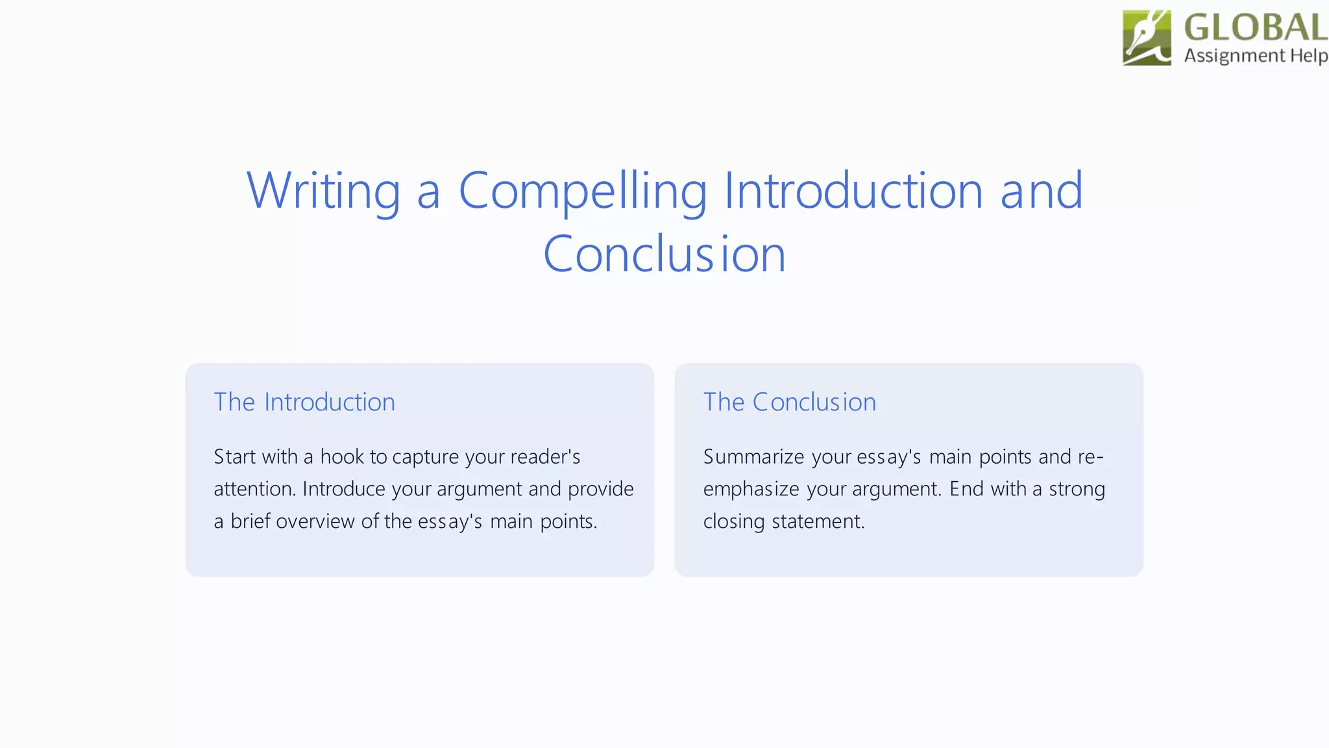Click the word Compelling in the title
coord(582,191)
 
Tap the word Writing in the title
coord(323,191)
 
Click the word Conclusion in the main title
coord(664,254)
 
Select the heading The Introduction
coord(304,403)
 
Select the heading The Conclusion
coord(789,403)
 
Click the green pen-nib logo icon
coord(1147,38)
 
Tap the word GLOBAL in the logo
coord(1255,27)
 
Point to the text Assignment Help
coord(1255,56)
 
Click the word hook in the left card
coord(342,456)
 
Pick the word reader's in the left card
coord(545,456)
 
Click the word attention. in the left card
coord(254,489)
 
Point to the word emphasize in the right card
coord(751,489)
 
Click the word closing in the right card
coord(733,521)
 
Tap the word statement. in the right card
coord(818,521)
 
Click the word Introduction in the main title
coord(853,191)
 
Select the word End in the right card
coord(966,489)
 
